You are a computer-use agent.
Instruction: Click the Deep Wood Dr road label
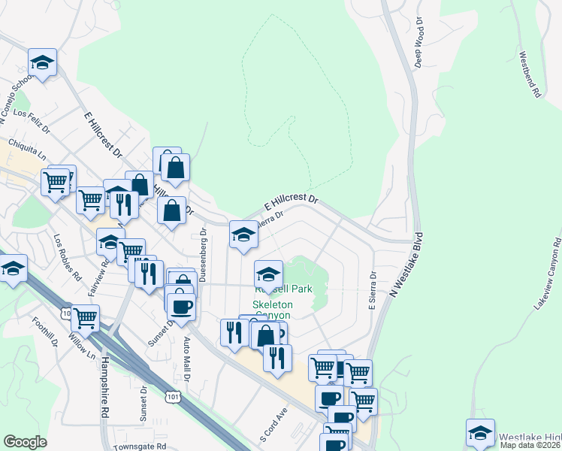419,47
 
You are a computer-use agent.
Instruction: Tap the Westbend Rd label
530,74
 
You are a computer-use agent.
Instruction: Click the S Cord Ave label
274,425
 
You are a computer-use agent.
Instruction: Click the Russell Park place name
283,289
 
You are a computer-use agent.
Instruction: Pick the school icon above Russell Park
268,273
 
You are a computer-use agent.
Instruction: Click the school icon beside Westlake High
480,431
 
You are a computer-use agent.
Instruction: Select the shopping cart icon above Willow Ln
85,317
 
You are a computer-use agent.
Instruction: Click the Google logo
25,442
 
